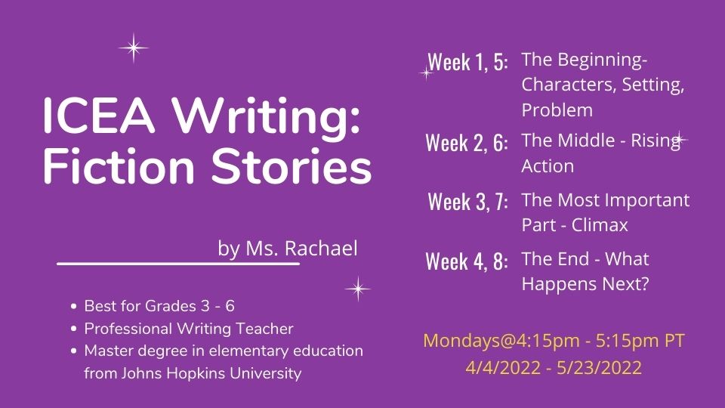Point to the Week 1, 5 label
(467, 63)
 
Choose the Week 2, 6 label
(467, 143)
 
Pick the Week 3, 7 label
(467, 202)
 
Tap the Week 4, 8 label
(467, 261)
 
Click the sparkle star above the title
(134, 48)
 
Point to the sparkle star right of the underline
(357, 288)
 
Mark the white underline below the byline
(178, 264)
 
